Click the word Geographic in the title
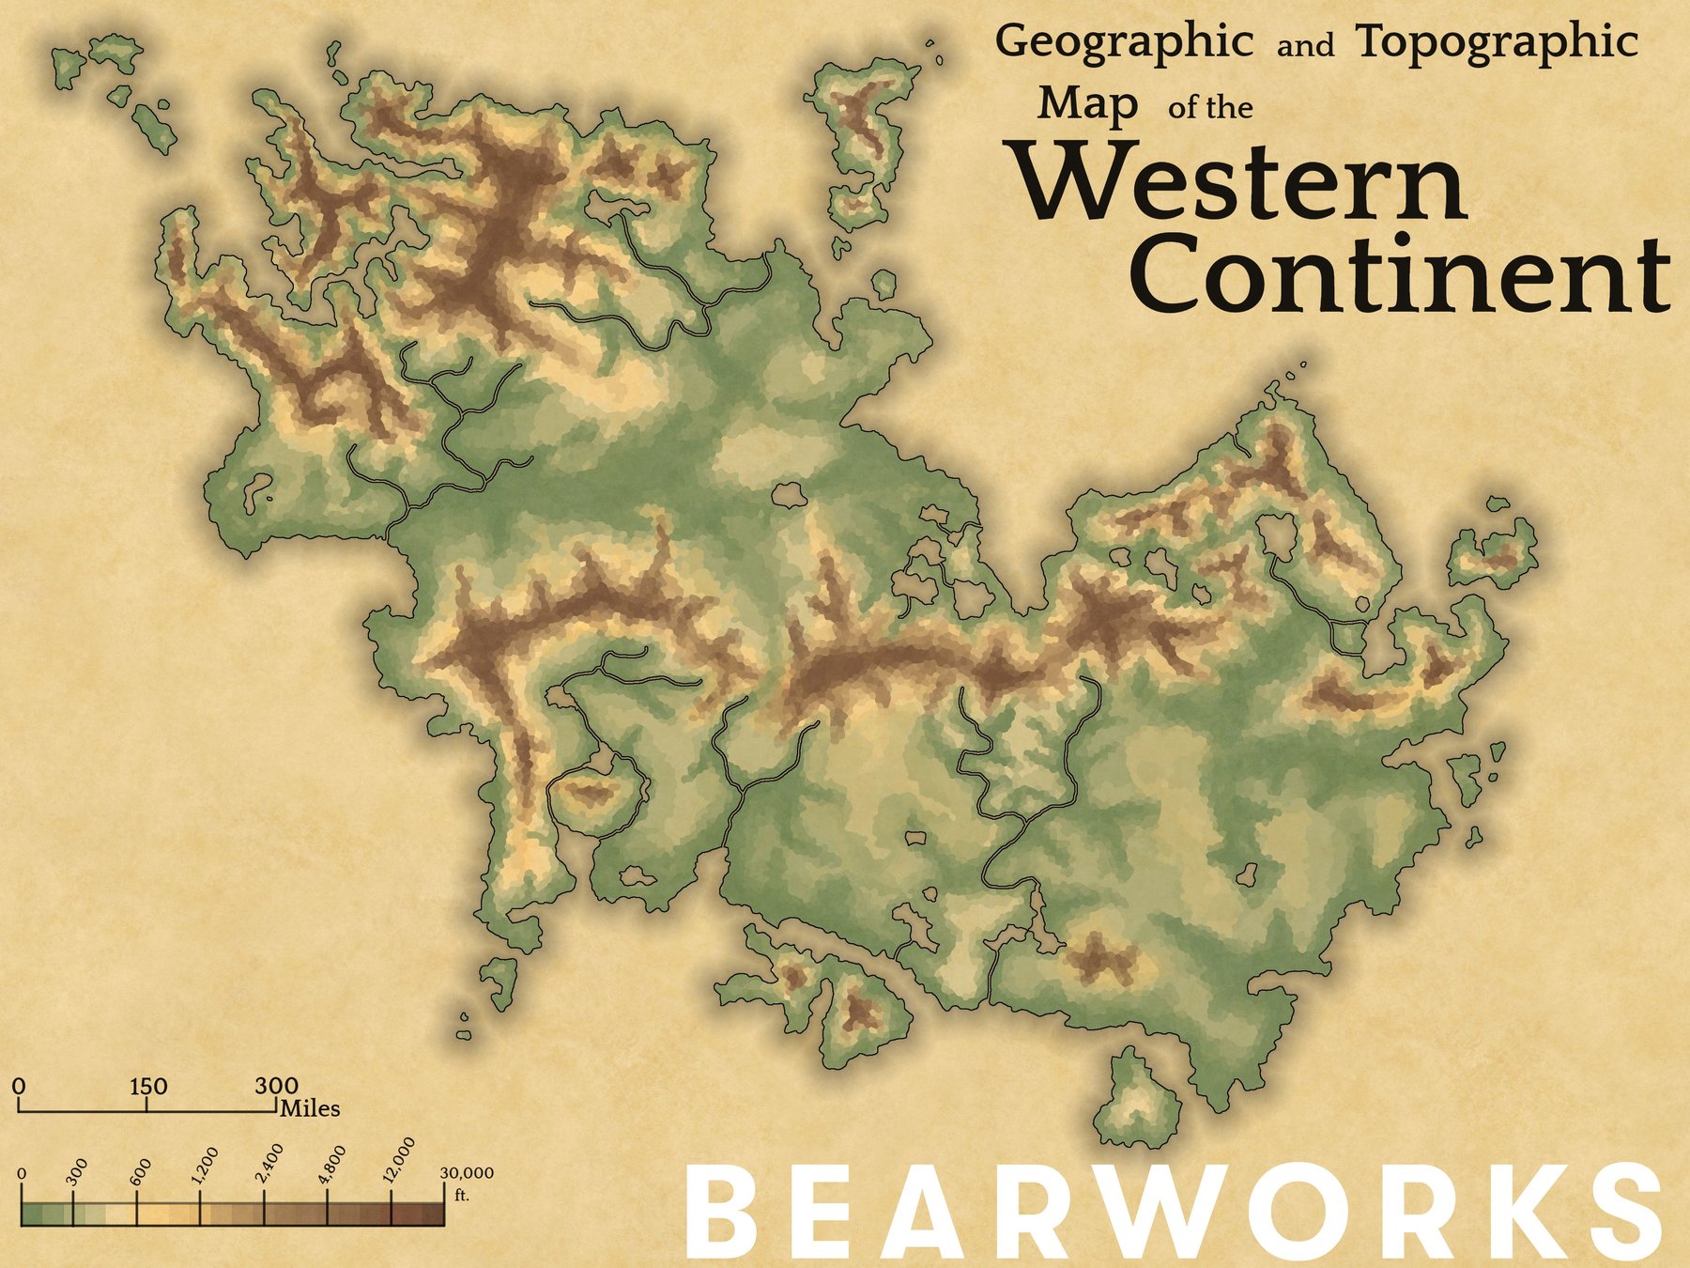point(1124,42)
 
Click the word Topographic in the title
point(1498,42)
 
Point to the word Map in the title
point(1087,104)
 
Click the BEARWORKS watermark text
point(1174,1214)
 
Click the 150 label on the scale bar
point(148,1087)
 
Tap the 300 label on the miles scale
point(277,1087)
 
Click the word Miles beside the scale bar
point(311,1109)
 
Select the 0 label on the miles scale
point(20,1087)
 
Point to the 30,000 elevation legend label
point(467,1174)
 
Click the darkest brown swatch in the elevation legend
point(433,1214)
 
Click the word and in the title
point(1305,46)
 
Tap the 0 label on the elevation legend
point(22,1175)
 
